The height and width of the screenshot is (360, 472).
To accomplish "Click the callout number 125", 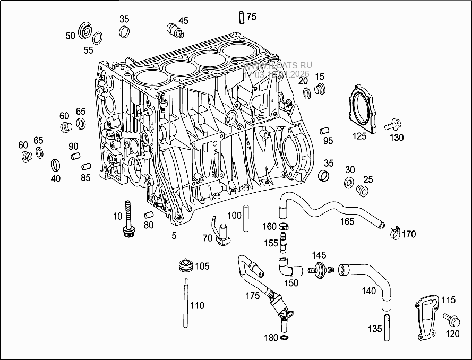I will tap(359, 136).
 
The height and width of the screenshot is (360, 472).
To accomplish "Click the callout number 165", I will tap(347, 221).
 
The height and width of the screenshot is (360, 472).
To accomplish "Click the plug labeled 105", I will tap(185, 265).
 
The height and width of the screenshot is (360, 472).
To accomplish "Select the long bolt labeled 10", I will tap(127, 220).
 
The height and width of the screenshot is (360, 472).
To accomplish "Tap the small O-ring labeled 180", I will tap(285, 338).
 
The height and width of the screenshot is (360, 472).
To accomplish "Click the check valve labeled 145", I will tap(321, 268).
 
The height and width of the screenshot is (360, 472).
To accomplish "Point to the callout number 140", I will tap(368, 290).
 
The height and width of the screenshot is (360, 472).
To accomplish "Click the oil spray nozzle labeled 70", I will tap(220, 234).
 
